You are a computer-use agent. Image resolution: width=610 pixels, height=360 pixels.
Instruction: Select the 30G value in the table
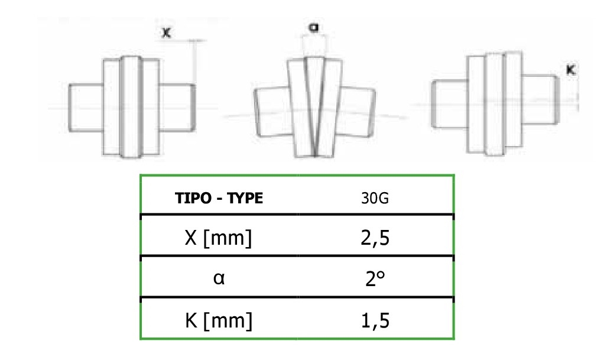(x=375, y=199)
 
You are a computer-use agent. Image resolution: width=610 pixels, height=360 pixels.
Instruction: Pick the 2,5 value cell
(x=375, y=238)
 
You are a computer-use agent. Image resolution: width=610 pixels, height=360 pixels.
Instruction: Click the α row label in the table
(x=219, y=278)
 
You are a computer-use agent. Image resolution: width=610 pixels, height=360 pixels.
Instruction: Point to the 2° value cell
(x=375, y=278)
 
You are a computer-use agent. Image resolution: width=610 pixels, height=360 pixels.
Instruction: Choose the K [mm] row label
(x=219, y=320)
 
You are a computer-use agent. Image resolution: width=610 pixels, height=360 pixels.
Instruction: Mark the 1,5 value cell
(x=375, y=320)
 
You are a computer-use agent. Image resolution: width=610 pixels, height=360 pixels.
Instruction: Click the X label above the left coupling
(x=166, y=33)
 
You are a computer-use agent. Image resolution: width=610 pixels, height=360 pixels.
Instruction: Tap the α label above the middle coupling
(x=313, y=27)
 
